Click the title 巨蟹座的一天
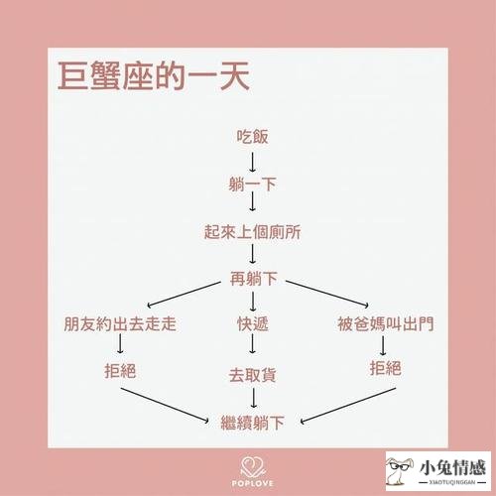154,76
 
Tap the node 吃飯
252,137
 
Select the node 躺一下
252,184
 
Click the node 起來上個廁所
252,231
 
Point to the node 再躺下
254,279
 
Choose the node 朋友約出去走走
120,323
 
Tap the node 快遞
253,323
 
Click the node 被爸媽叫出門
386,323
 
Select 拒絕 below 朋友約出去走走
120,371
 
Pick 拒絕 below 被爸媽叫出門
386,368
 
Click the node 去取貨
252,375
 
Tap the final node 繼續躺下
253,423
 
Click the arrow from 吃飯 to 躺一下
252,162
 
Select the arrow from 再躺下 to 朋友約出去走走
185,295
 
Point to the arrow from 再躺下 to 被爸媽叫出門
327,294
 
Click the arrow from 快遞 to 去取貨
252,344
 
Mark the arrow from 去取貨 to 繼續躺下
253,398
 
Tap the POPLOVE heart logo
252,467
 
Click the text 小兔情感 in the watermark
452,467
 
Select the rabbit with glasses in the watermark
400,470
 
